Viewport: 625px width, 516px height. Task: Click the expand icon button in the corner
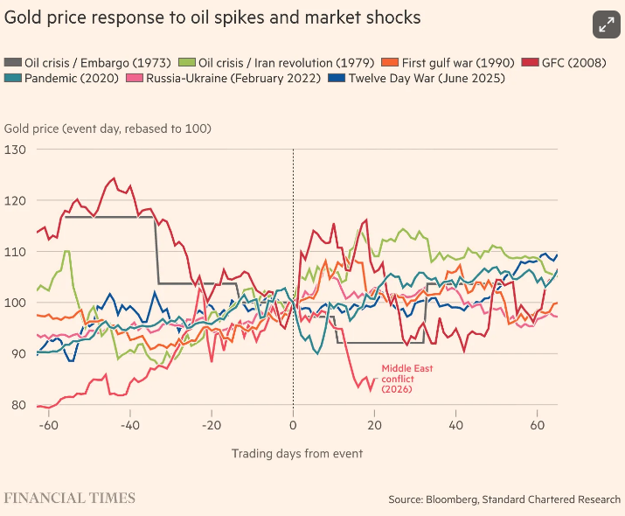tap(605, 24)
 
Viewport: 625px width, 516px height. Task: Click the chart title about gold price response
tap(212, 17)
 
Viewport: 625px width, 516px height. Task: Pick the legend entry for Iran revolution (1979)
tap(276, 63)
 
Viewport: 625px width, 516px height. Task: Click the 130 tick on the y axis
tap(15, 150)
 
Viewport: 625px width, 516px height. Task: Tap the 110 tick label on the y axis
tap(15, 252)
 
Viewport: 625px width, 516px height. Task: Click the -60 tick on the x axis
tap(49, 425)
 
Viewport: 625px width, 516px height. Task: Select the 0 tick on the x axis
tap(293, 425)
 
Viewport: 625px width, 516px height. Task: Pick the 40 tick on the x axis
tap(455, 425)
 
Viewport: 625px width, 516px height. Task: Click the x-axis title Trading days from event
tap(296, 453)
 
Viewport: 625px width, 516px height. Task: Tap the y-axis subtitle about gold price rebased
tap(108, 129)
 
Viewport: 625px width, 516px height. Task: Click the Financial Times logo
tap(70, 499)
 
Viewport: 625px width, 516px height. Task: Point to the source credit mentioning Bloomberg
tap(504, 499)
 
